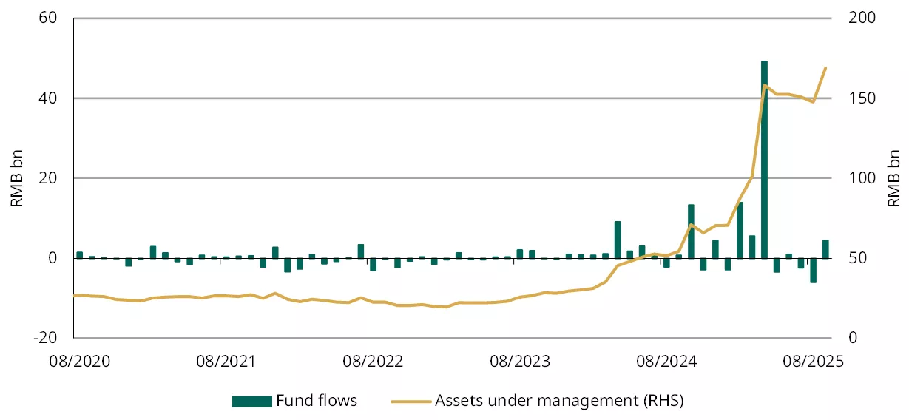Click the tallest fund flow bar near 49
pyautogui.click(x=764, y=159)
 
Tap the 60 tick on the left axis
pyautogui.click(x=48, y=18)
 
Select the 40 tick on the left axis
pyautogui.click(x=48, y=98)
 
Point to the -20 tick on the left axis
pyautogui.click(x=45, y=337)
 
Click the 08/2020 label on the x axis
pyautogui.click(x=75, y=362)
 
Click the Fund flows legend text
pyautogui.click(x=317, y=401)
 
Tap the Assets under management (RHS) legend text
pyautogui.click(x=559, y=401)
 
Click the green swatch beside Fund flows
pyautogui.click(x=251, y=402)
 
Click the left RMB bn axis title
pyautogui.click(x=17, y=177)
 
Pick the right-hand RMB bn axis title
pyautogui.click(x=893, y=177)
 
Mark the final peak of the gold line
pyautogui.click(x=825, y=68)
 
